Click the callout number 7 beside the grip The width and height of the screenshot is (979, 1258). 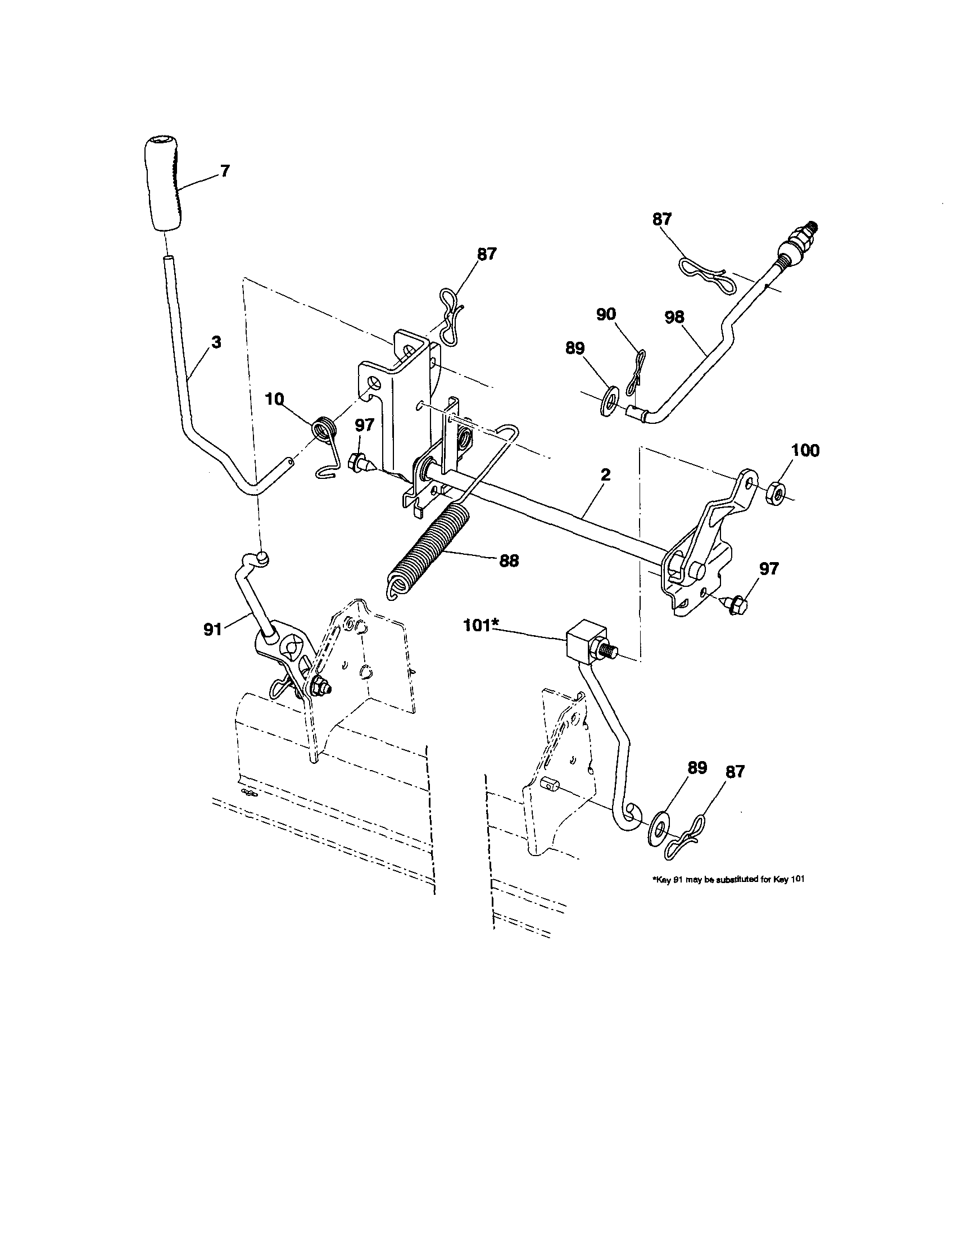(225, 170)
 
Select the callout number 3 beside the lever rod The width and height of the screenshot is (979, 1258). (215, 342)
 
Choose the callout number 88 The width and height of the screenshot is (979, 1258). (509, 560)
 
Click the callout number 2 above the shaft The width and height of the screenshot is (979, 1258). (605, 474)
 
